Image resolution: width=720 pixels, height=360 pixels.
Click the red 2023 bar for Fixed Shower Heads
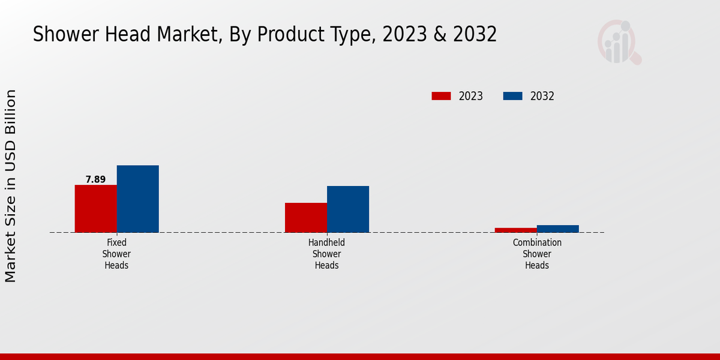click(x=95, y=208)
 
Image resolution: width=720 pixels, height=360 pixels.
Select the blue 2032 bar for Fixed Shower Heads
click(x=137, y=199)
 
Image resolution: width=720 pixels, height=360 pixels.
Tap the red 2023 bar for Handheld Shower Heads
click(x=306, y=217)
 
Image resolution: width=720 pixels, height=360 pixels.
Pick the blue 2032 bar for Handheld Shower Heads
click(x=348, y=209)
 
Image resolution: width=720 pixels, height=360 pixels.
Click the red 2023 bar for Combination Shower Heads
click(x=516, y=230)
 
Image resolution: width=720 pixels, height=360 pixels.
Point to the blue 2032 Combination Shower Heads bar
click(x=558, y=229)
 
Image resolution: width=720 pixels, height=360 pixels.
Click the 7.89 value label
click(x=95, y=179)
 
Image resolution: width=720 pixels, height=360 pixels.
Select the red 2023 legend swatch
click(x=441, y=96)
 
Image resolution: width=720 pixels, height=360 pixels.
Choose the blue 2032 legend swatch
click(x=512, y=96)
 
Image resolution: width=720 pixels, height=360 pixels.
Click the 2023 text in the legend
click(x=471, y=96)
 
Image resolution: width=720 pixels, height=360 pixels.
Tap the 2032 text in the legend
click(x=542, y=96)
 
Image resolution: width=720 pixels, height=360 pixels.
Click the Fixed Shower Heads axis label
click(x=116, y=254)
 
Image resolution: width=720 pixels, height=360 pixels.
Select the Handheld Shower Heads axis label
click(x=326, y=254)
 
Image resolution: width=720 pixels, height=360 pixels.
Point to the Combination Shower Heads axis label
click(x=537, y=254)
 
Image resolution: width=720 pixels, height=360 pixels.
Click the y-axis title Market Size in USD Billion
click(x=11, y=186)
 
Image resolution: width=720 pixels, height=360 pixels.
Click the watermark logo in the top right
click(x=619, y=42)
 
